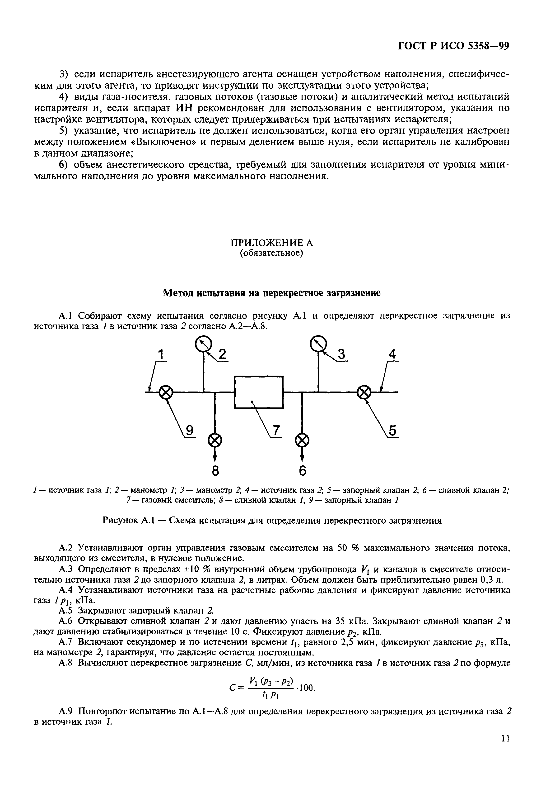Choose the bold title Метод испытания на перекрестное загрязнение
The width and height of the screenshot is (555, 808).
[272, 293]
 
